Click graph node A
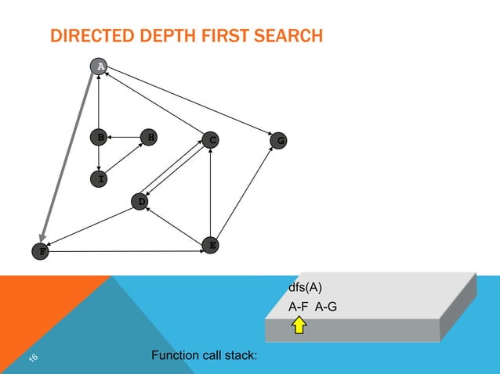tap(98, 67)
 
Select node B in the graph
tap(98, 138)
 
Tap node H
tap(148, 138)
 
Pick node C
tap(209, 140)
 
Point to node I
tap(98, 179)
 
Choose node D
tap(140, 201)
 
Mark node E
tap(210, 245)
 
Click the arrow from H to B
tap(123, 138)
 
